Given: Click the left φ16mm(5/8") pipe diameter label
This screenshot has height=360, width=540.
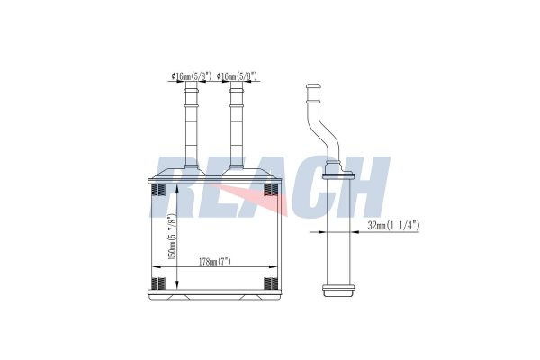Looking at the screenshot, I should pyautogui.click(x=190, y=77).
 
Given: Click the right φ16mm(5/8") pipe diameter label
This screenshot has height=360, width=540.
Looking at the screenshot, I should pyautogui.click(x=236, y=77).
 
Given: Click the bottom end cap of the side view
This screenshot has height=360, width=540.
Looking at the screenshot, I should pyautogui.click(x=338, y=292).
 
